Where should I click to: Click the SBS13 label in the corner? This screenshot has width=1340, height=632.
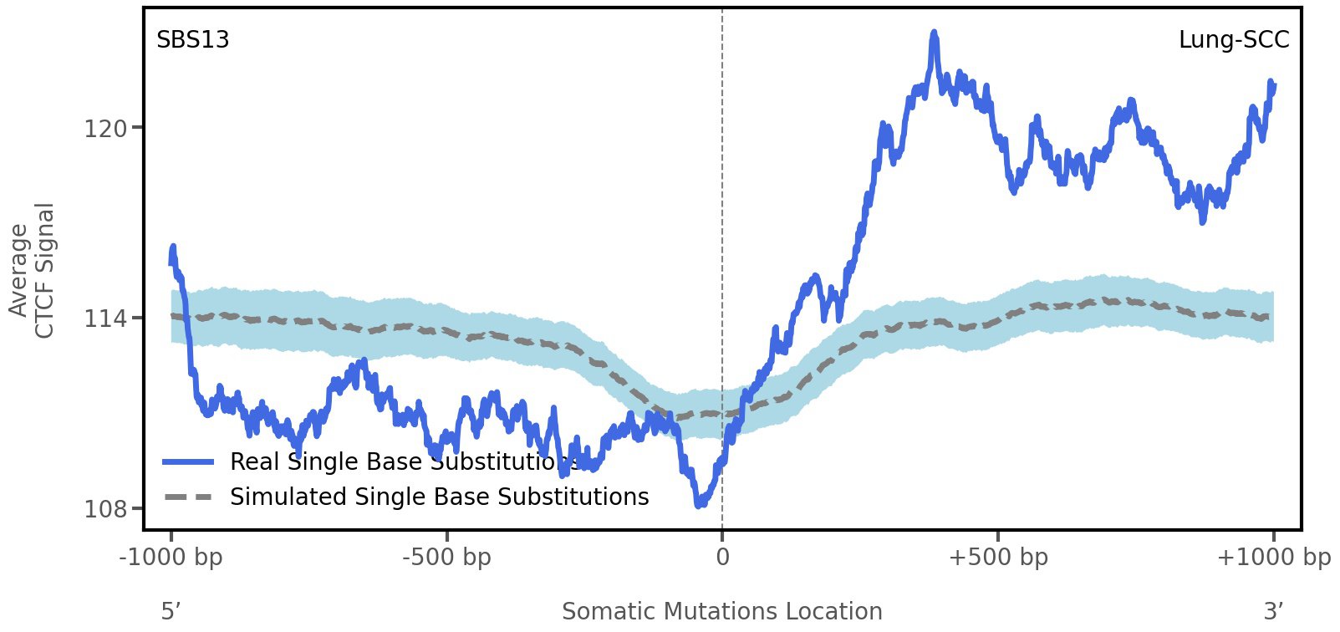point(193,40)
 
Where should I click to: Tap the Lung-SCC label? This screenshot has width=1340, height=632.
point(1233,40)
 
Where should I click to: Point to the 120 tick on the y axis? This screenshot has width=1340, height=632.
point(105,129)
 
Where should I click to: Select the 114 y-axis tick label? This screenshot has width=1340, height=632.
point(105,319)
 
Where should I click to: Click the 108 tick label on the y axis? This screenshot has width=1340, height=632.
point(105,509)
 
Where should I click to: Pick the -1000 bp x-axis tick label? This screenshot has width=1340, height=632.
point(171,558)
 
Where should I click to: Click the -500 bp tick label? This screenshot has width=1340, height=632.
point(446,558)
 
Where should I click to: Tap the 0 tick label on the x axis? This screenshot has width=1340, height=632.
point(722,558)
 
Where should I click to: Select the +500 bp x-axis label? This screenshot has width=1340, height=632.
point(998,558)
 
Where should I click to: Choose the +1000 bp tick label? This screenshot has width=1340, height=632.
point(1273,558)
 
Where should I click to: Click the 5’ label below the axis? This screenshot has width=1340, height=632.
point(171,611)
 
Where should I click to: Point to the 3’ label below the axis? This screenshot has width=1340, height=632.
point(1273,611)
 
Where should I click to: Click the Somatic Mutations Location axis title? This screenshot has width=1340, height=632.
point(721,611)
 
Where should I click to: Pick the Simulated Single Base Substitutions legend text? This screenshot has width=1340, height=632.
point(439,497)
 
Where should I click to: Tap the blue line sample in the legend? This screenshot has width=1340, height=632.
point(188,461)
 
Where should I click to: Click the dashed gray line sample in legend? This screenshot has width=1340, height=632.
point(188,497)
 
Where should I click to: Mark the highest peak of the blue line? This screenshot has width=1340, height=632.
point(934,33)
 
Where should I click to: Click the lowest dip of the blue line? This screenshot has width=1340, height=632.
point(699,504)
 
